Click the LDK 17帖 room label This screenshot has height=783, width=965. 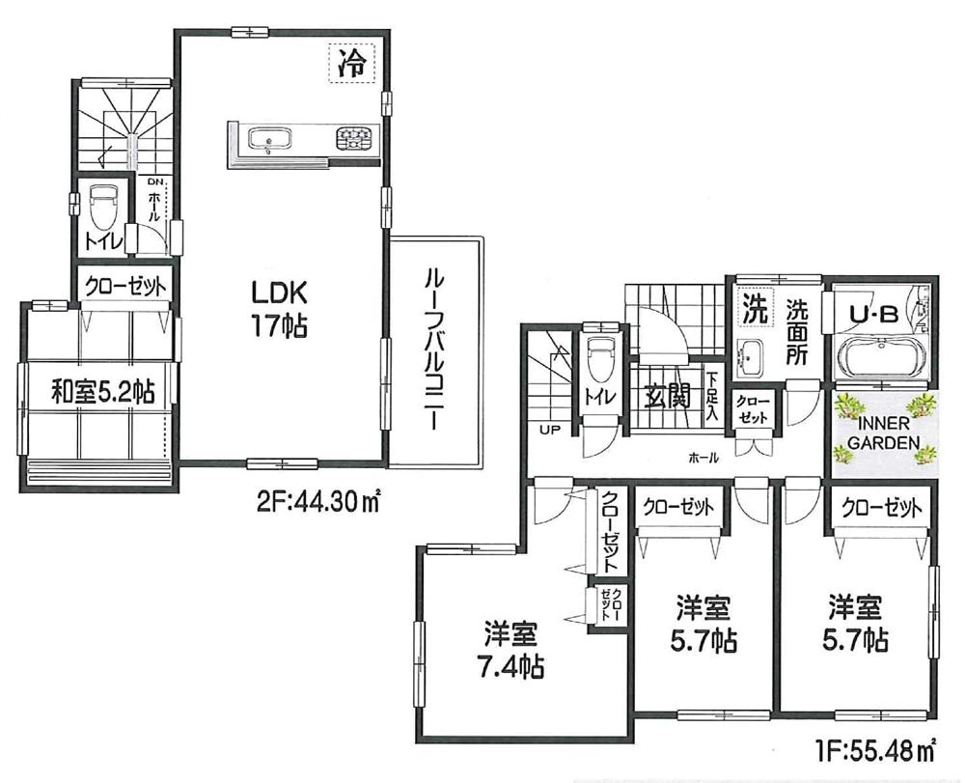[x=279, y=308]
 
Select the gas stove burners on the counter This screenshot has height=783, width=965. [x=353, y=140]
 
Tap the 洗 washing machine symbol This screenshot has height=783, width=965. [x=755, y=309]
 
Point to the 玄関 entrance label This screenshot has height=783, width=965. [x=668, y=395]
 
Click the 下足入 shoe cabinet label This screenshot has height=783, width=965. [x=711, y=396]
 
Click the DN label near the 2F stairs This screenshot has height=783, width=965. [x=155, y=182]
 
